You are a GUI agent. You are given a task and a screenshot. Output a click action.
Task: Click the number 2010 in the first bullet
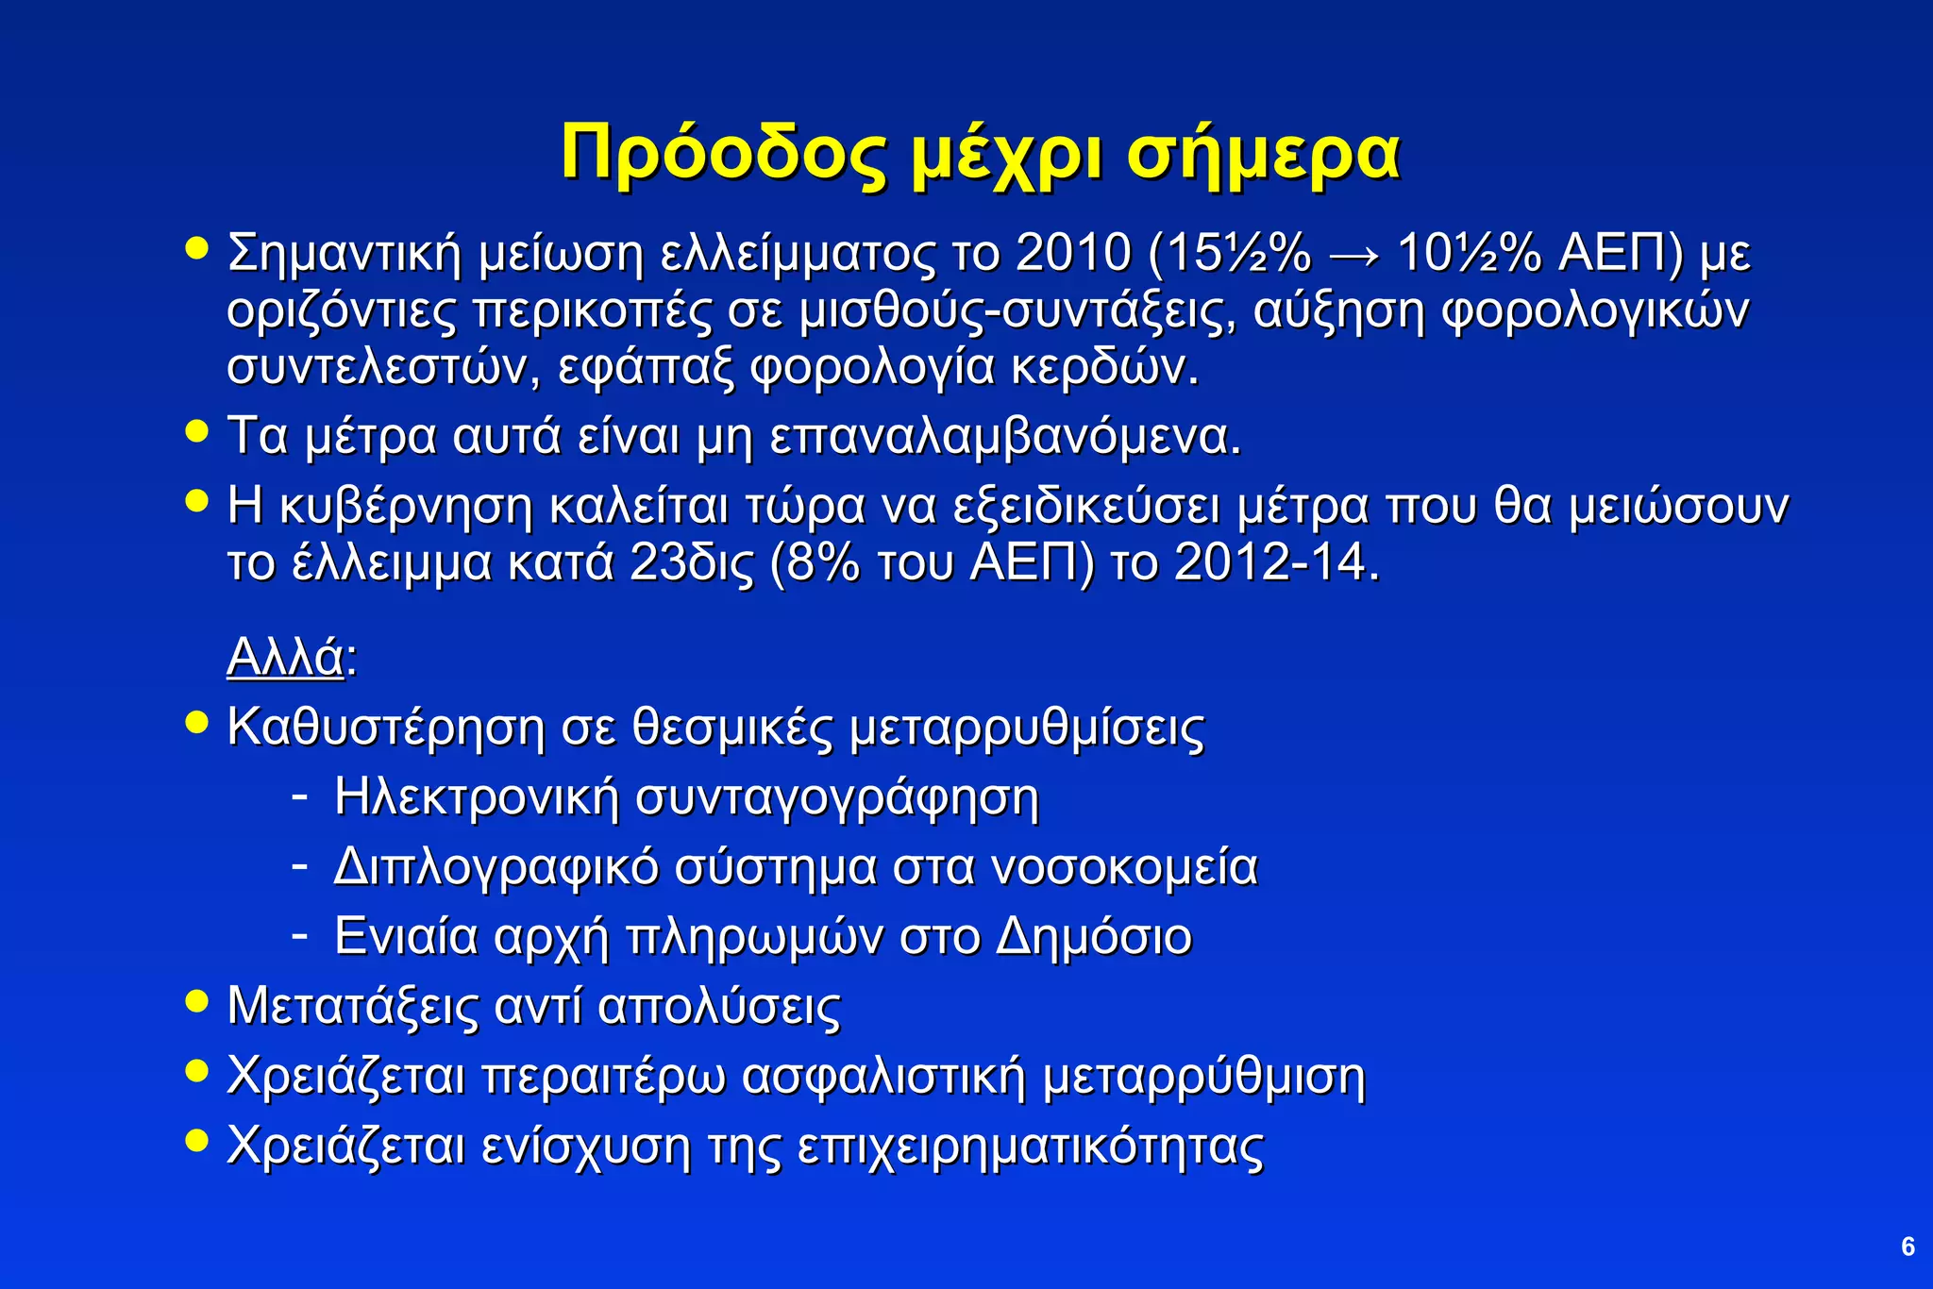point(1073,253)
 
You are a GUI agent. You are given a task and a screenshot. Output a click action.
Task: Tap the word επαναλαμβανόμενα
point(1005,437)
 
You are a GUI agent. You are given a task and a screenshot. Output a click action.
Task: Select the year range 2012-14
point(1276,563)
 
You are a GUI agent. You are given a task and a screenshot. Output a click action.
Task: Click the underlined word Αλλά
point(285,657)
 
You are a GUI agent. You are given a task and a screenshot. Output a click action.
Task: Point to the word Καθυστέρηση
point(386,728)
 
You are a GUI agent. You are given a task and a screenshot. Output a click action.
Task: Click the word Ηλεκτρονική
point(477,797)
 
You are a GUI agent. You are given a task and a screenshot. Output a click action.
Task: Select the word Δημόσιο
point(1094,937)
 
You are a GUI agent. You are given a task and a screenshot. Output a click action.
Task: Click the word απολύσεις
point(718,1007)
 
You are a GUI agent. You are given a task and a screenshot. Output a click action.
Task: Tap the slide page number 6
point(1908,1247)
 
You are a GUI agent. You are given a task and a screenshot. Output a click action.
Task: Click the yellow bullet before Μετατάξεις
point(196,1000)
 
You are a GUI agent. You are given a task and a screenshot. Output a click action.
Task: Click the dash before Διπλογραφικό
point(299,863)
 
